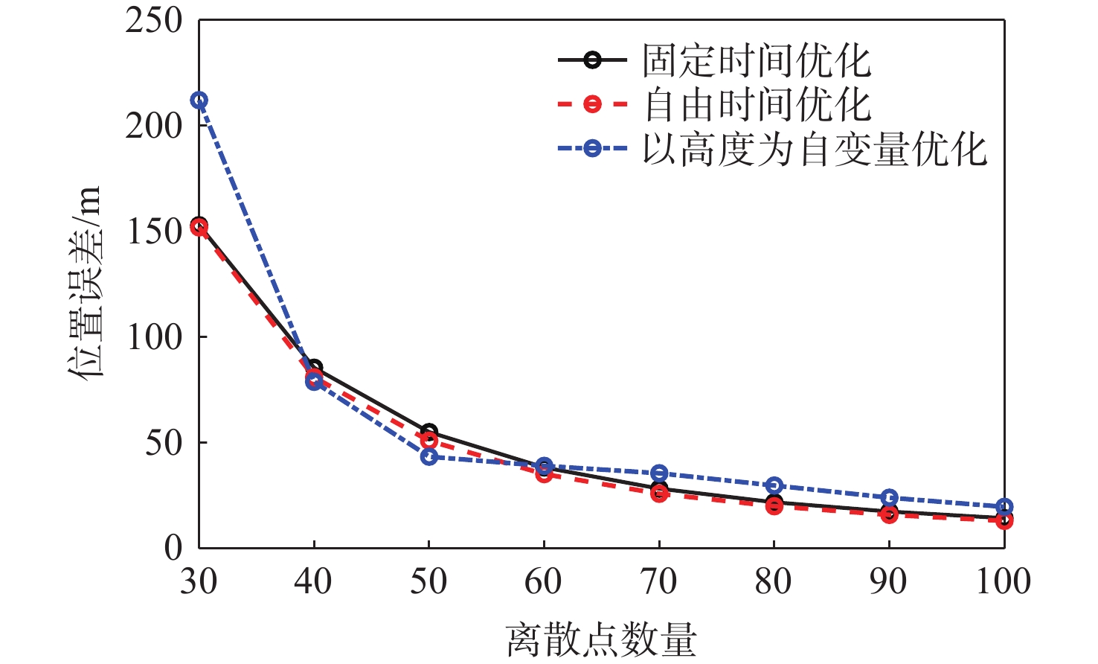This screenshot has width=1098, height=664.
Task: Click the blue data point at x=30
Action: tap(199, 100)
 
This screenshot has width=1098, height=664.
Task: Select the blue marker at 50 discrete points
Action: tap(429, 456)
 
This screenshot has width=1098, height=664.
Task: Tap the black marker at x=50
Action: tap(429, 432)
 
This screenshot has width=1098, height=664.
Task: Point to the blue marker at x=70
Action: tap(659, 473)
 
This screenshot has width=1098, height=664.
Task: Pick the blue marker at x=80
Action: tap(774, 485)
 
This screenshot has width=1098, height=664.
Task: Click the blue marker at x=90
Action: tap(890, 497)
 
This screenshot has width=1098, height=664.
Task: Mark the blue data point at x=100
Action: tap(1004, 507)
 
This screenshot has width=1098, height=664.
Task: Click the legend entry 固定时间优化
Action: tap(756, 60)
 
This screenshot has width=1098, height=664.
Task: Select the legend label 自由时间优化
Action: tap(756, 104)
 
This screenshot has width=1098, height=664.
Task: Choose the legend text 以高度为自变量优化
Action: tap(815, 149)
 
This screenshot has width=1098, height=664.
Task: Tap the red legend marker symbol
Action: tap(592, 104)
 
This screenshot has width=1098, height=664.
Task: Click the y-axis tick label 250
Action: tap(154, 20)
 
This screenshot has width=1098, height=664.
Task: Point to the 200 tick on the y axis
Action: tap(154, 126)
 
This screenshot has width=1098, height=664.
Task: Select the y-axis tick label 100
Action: tap(154, 337)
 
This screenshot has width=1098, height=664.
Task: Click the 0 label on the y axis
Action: tap(173, 549)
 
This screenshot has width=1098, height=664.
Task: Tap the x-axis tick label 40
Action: tap(313, 581)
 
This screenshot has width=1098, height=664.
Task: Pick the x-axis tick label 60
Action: tap(544, 581)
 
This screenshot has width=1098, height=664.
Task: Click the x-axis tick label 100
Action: tap(1004, 581)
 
